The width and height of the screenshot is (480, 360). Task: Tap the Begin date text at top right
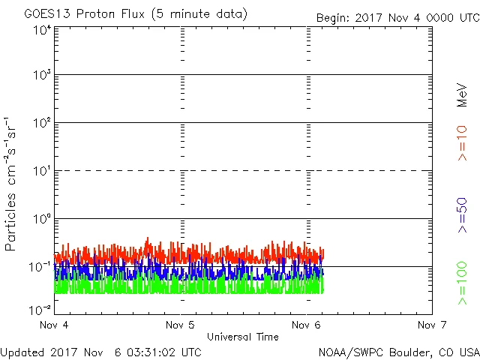(397, 16)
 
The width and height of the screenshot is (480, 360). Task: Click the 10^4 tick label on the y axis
(42, 30)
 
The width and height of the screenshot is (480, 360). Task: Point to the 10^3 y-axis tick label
(42, 76)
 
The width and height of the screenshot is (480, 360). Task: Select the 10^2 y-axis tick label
(42, 124)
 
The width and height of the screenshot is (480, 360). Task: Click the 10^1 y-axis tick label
(42, 172)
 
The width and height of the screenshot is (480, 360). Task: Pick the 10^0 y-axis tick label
(42, 220)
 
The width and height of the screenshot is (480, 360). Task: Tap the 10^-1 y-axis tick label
(40, 267)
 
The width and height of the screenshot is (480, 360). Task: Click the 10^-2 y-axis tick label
(40, 309)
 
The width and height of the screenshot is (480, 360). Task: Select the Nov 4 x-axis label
(55, 325)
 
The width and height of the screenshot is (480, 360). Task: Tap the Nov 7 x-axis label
(431, 325)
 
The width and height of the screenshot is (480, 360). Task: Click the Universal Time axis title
(243, 337)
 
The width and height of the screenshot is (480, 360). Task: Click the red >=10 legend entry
(462, 142)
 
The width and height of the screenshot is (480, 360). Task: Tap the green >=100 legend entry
(462, 283)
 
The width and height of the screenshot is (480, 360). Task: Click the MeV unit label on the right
(462, 96)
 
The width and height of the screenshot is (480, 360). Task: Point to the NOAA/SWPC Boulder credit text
(397, 351)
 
